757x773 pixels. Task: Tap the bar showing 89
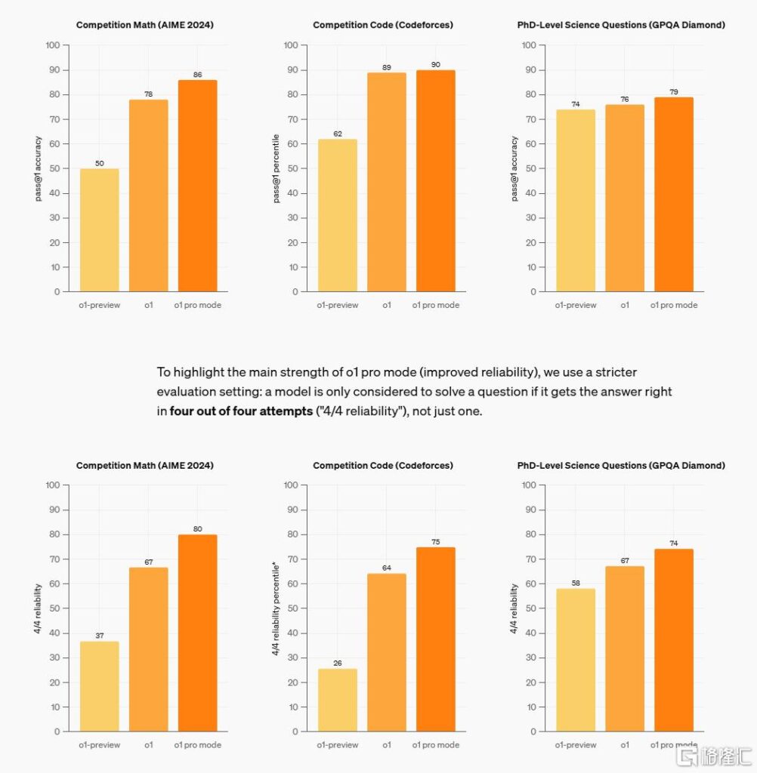(386, 182)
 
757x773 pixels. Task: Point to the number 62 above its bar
(337, 134)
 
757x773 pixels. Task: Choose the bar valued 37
(99, 686)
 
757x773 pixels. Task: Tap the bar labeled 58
(575, 660)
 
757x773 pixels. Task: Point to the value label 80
(197, 528)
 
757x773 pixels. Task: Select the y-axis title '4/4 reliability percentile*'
(277, 608)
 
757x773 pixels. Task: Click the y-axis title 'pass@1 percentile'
(277, 168)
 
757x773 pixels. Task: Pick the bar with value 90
(435, 180)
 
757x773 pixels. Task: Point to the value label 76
(624, 99)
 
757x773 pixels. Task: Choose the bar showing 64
(386, 652)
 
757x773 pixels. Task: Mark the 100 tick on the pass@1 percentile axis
(290, 45)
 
